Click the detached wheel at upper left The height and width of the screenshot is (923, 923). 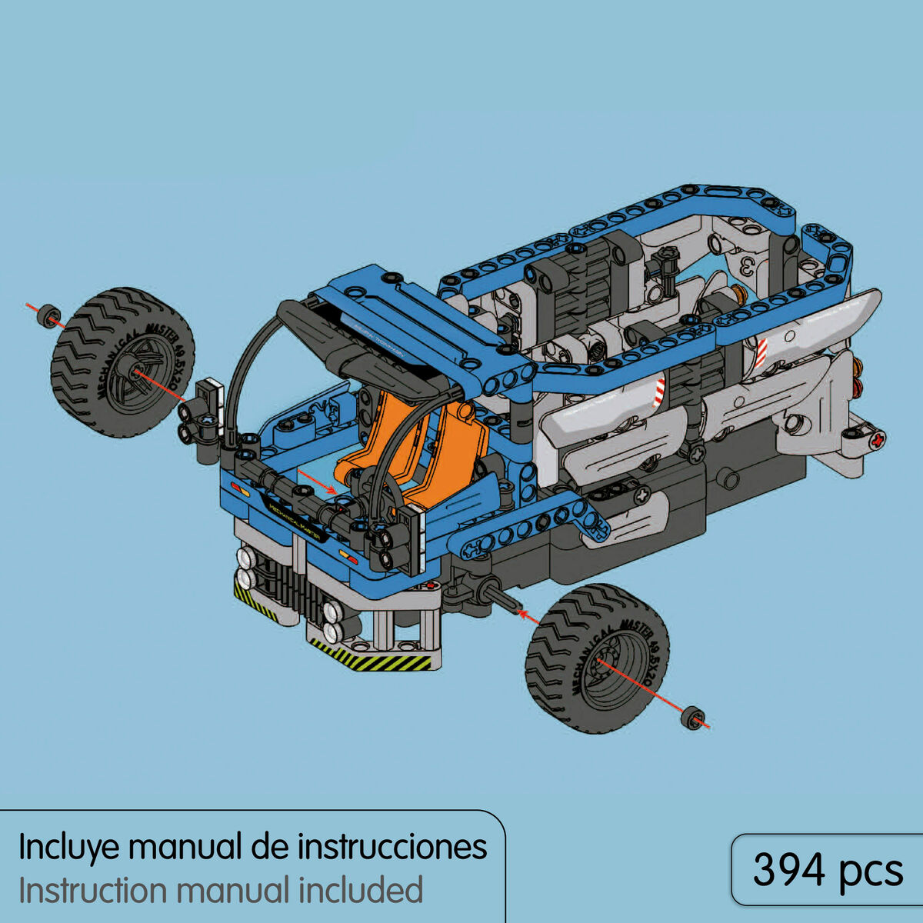(123, 362)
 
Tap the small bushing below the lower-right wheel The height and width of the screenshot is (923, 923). (694, 718)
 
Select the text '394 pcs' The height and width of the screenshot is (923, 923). (828, 871)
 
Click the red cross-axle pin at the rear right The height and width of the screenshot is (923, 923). (875, 440)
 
